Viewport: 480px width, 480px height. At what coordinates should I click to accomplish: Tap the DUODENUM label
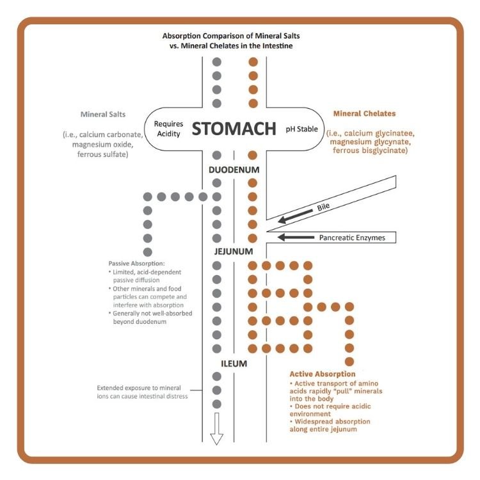234,171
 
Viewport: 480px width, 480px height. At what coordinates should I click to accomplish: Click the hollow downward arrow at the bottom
216,428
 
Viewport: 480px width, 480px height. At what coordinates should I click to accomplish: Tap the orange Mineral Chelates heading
365,114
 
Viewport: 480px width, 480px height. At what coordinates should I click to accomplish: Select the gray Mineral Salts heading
103,115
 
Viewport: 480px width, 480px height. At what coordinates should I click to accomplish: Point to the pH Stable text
301,129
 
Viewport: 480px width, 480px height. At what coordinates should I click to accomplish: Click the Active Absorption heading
323,374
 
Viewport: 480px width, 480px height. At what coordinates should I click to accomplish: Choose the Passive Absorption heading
137,264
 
